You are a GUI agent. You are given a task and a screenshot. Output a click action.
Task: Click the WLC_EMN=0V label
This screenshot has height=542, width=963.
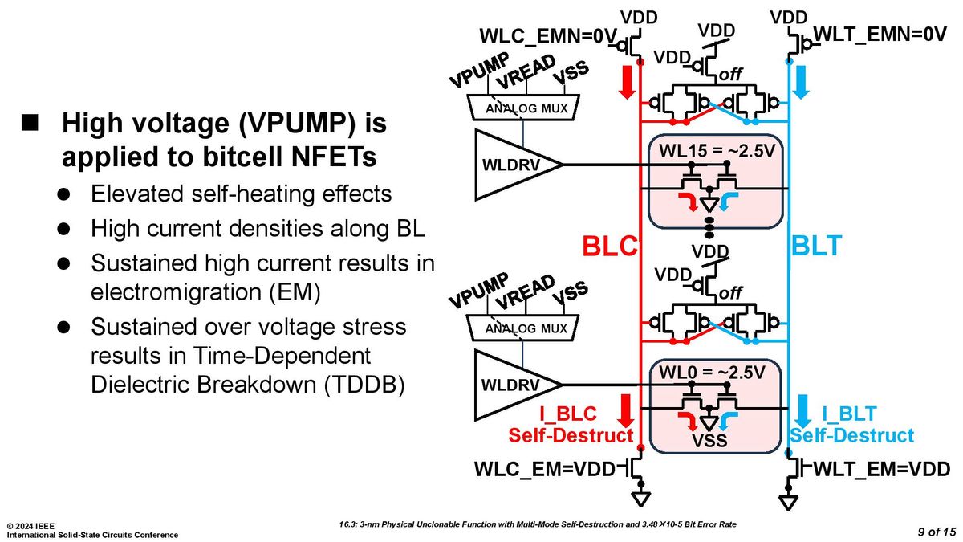point(548,35)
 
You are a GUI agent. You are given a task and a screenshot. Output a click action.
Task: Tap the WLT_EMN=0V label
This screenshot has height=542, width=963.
point(880,34)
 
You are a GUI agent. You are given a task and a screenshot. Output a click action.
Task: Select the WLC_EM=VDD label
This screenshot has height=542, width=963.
point(545,469)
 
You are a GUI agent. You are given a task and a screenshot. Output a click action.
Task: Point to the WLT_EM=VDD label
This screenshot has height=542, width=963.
point(882,469)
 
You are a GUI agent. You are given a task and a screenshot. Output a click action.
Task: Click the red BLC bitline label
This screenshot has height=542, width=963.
point(610,246)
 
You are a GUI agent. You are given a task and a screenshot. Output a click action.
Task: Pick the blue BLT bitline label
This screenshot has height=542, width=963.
point(816,246)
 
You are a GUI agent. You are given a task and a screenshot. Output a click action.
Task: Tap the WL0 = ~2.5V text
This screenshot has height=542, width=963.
point(712,373)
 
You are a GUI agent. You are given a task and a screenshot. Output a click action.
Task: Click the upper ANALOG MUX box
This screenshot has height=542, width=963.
point(523,108)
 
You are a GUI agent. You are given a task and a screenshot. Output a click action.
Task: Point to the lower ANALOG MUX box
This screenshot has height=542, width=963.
point(523,328)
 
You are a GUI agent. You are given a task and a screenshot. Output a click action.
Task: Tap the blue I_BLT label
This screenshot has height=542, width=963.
point(849,414)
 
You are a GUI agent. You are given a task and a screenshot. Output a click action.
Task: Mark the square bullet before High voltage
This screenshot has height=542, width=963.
point(30,123)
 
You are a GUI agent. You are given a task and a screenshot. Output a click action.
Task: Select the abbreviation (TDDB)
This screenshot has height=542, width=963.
point(364,384)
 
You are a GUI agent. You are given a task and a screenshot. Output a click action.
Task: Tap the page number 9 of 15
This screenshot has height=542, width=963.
point(937,532)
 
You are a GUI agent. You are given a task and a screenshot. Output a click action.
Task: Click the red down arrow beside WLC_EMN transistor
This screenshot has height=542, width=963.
point(628,82)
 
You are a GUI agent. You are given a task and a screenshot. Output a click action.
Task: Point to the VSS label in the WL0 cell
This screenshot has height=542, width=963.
point(709,441)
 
